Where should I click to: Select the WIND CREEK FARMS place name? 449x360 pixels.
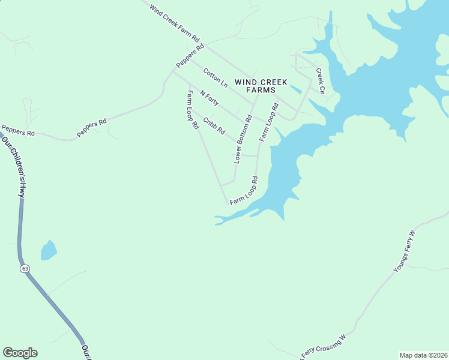261,86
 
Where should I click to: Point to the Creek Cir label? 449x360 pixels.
320,81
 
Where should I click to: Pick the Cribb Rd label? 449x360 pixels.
214,125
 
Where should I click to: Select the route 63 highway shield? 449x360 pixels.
25,269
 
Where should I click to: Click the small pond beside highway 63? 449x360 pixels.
49,250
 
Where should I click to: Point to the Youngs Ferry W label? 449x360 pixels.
404,251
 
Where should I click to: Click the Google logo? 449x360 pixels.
20,353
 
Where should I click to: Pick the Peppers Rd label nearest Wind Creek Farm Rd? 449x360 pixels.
191,56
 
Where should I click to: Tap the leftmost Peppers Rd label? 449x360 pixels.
18,130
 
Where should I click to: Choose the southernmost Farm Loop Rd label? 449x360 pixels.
244,191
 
